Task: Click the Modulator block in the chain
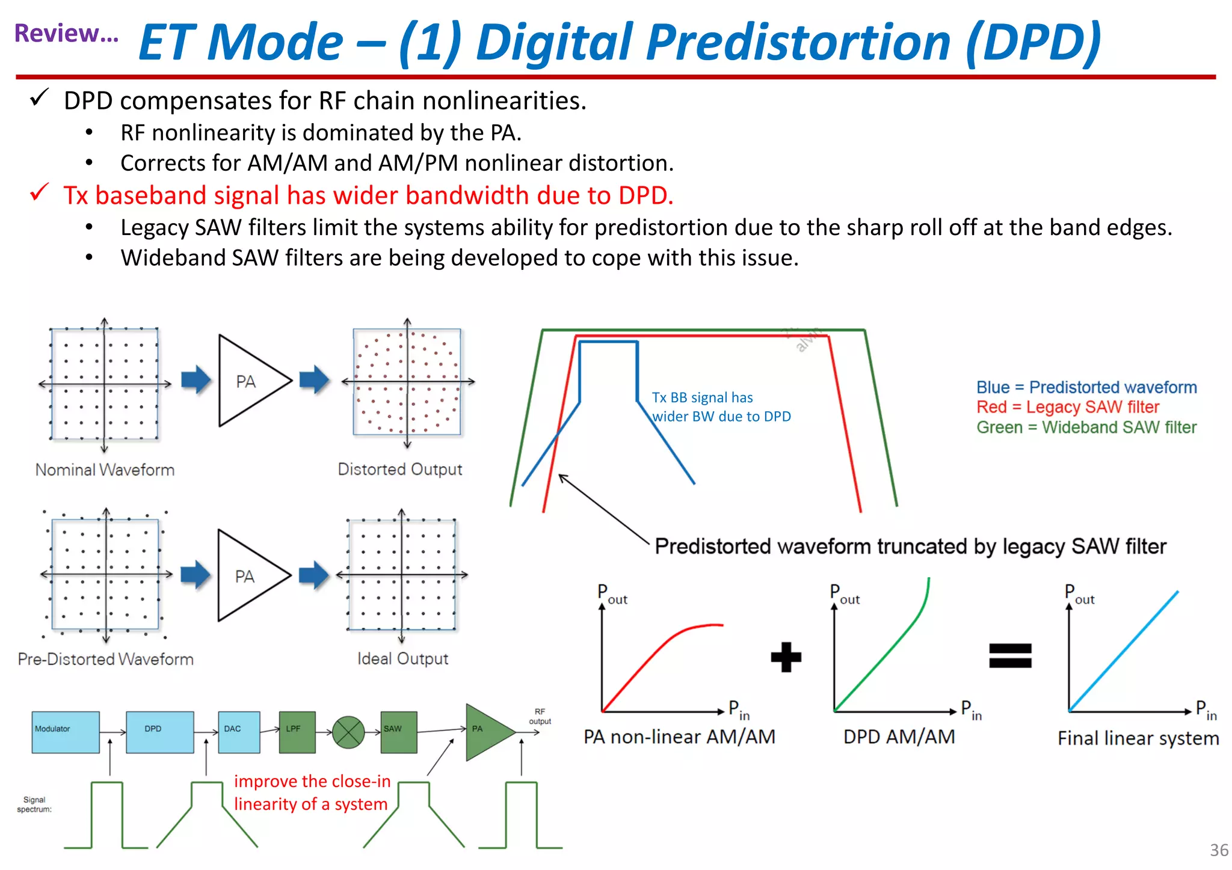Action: click(x=66, y=732)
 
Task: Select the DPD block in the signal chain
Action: click(x=159, y=732)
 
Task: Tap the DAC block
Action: click(x=239, y=732)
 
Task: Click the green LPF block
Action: click(x=297, y=732)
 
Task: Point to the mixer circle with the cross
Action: click(x=348, y=732)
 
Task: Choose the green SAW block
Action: click(x=398, y=732)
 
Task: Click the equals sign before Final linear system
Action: click(x=1010, y=655)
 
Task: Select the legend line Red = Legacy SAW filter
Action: click(x=1067, y=407)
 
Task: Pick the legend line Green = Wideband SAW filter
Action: click(x=1086, y=427)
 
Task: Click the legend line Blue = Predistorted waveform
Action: click(x=1086, y=387)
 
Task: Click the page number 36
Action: click(x=1219, y=850)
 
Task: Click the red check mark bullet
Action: click(x=39, y=193)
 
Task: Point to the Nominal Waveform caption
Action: click(x=105, y=470)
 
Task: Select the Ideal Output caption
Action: click(x=402, y=658)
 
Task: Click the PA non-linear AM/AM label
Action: click(x=679, y=737)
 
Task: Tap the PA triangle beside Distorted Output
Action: click(x=249, y=381)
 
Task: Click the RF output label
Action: click(x=540, y=716)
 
